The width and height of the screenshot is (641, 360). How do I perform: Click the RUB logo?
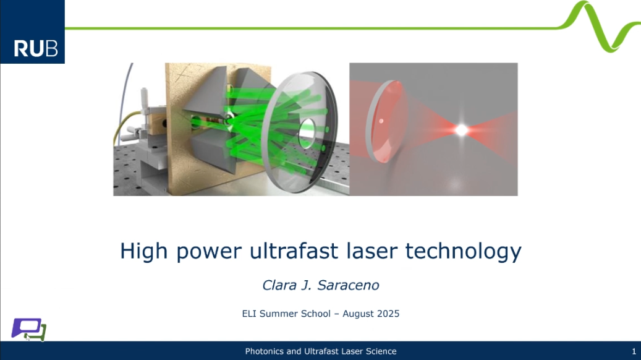[x=32, y=32]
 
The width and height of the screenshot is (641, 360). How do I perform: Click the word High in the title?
[x=143, y=251]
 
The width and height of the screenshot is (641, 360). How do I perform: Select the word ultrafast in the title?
[x=294, y=251]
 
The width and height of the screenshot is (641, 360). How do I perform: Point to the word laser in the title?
[x=371, y=251]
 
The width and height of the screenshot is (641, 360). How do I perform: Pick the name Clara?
[x=279, y=285]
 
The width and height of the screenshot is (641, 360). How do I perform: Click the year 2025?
[x=388, y=314]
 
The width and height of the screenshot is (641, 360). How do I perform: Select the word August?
[x=358, y=314]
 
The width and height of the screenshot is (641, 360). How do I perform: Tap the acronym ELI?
[x=249, y=314]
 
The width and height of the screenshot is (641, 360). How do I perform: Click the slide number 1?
[x=634, y=351]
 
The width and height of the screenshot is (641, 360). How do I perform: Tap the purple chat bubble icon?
[x=25, y=328]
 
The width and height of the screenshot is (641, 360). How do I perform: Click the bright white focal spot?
[x=462, y=130]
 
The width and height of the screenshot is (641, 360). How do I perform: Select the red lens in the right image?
[x=386, y=121]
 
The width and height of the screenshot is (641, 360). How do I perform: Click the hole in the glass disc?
[x=307, y=133]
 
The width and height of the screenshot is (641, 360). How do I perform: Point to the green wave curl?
[x=599, y=27]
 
